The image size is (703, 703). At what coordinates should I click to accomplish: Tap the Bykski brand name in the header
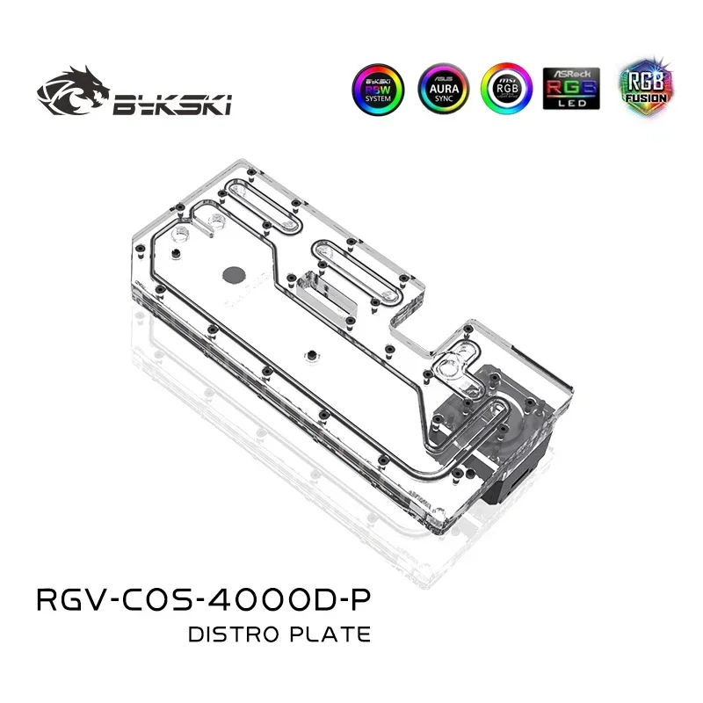coord(170,105)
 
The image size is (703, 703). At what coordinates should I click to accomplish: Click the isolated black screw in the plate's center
coord(309,355)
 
